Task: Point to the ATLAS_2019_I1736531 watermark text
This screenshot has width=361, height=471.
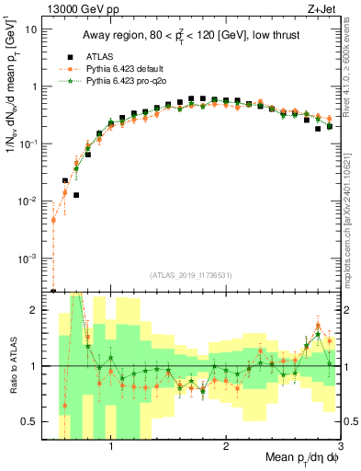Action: [191, 275]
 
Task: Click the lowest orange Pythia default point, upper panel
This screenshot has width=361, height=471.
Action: [53, 220]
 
